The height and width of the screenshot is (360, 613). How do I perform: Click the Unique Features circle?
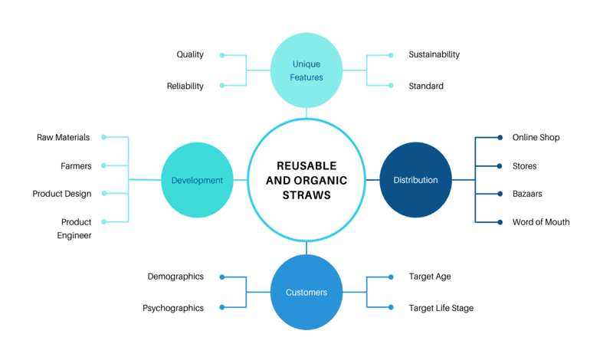pos(306,70)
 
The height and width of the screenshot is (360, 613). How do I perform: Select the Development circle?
pos(197,180)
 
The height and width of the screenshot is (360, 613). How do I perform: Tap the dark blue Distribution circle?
pos(415,180)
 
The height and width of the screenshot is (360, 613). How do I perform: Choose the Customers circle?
pos(306,292)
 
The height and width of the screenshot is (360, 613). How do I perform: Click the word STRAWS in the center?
pos(306,195)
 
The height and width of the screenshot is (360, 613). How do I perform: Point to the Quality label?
pos(190,54)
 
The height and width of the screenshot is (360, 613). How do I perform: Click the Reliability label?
pos(185,86)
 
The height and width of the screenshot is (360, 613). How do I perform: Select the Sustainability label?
pos(434,54)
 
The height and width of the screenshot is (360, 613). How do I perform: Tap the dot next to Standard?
pos(391,85)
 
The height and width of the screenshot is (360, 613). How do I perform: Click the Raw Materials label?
pos(64,137)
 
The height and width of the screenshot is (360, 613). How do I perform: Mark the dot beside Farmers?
pos(103,165)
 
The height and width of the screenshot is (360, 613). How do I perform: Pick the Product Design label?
pos(62,194)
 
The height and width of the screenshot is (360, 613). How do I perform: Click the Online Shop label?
pos(536,137)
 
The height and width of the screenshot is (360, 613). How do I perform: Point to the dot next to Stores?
pos(500,166)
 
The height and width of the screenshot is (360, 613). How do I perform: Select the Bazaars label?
pos(527,194)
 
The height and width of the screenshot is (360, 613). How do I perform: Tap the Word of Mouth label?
pos(541,222)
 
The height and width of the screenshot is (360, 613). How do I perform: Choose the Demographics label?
pos(175,277)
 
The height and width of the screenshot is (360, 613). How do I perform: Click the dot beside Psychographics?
pos(222,307)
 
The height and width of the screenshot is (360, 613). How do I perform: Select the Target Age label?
pos(430,277)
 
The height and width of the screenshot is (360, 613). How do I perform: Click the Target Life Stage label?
pos(441,308)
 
